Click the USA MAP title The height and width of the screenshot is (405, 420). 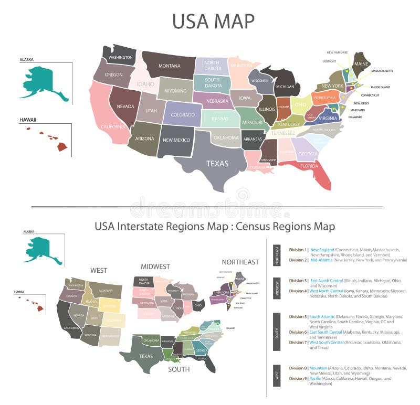[213, 22]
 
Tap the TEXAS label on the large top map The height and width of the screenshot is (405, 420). [217, 163]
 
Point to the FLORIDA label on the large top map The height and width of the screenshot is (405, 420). [309, 166]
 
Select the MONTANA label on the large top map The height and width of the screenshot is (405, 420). [170, 66]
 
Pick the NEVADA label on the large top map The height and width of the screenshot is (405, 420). [125, 106]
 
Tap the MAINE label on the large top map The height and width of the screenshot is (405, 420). [361, 63]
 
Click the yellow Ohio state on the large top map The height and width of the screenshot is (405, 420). [301, 104]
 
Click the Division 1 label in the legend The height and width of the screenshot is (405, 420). [298, 250]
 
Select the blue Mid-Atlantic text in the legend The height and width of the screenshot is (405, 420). [321, 260]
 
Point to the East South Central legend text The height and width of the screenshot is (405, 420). [325, 332]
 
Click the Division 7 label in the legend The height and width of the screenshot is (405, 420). [298, 343]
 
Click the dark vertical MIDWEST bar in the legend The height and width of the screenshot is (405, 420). [277, 286]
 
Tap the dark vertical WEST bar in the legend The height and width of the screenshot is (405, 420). [277, 375]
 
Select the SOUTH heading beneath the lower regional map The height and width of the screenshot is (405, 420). [178, 369]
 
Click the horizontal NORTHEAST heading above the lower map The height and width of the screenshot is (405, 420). [240, 262]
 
